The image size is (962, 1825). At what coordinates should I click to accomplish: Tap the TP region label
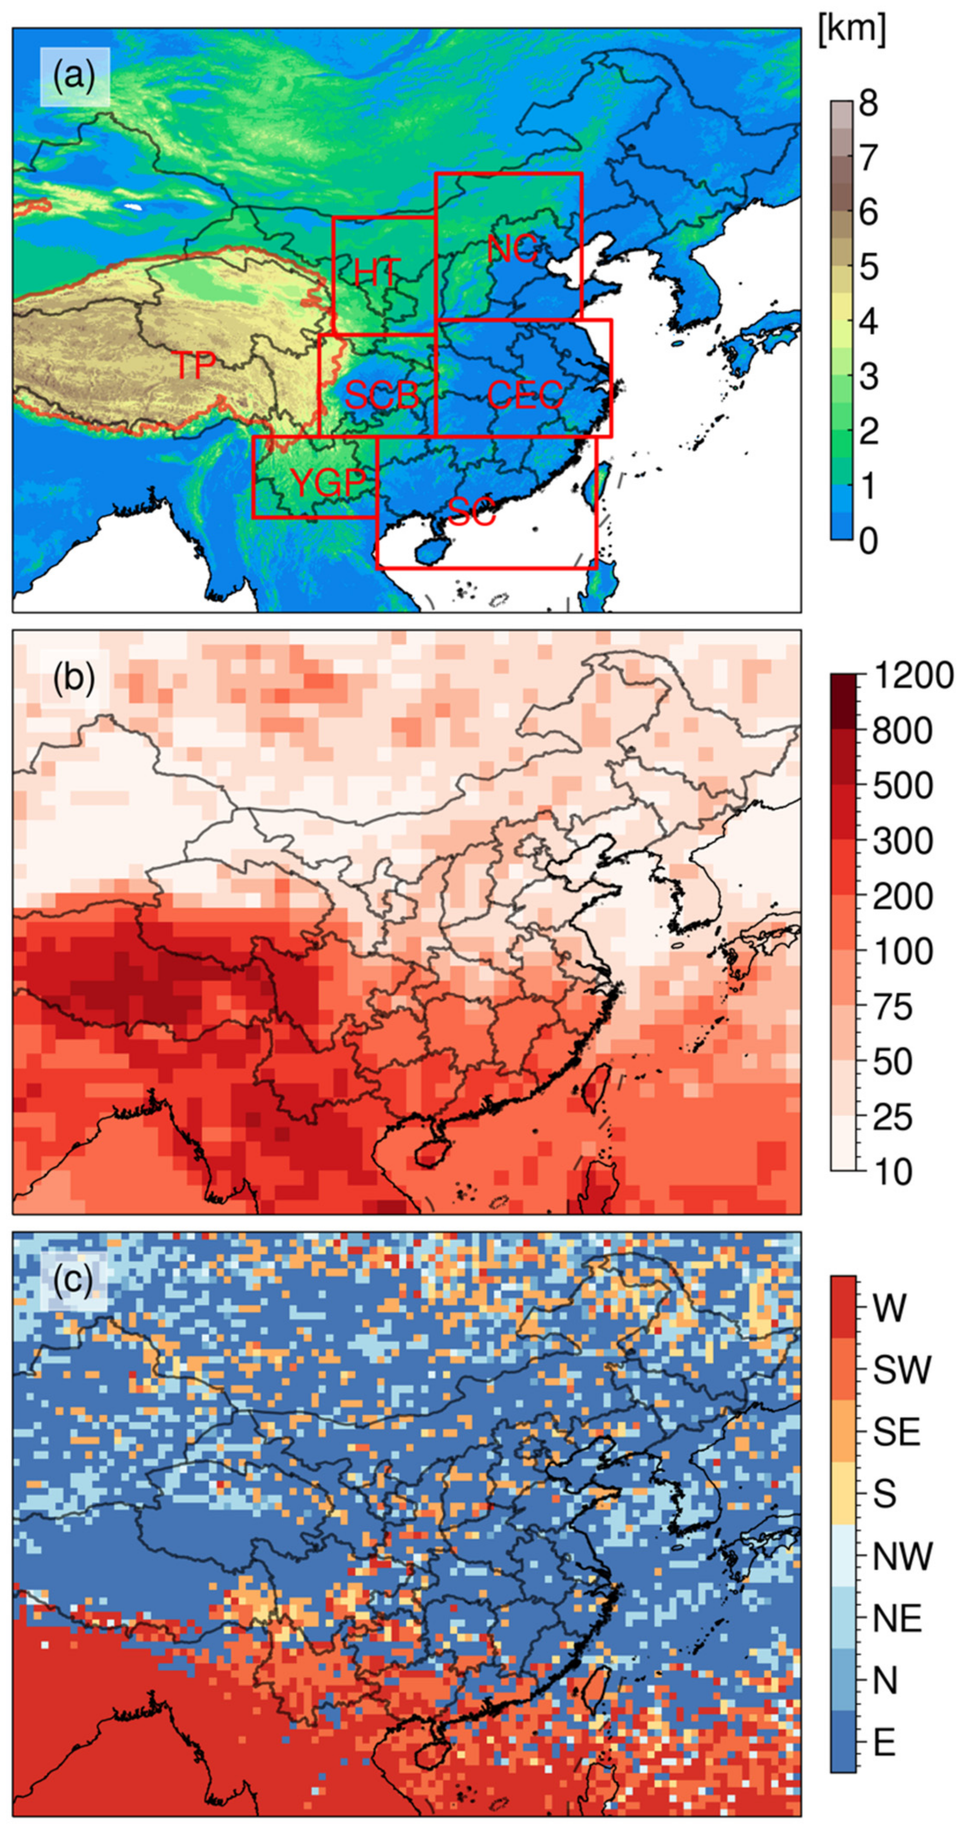pyautogui.click(x=194, y=365)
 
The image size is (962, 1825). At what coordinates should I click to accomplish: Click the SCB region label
pyautogui.click(x=381, y=394)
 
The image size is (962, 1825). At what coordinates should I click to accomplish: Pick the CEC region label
pyautogui.click(x=525, y=394)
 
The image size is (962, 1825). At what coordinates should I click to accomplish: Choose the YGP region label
pyautogui.click(x=328, y=483)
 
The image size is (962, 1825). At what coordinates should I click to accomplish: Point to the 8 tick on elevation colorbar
pyautogui.click(x=868, y=103)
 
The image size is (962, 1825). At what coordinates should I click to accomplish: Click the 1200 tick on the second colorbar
pyautogui.click(x=912, y=675)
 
